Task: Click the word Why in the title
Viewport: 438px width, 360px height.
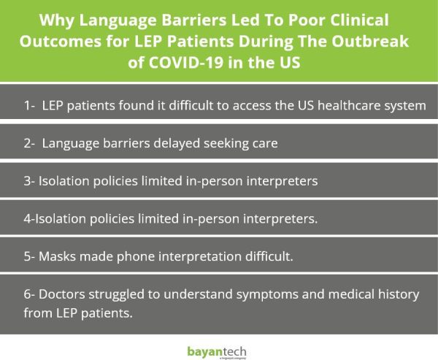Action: coord(57,20)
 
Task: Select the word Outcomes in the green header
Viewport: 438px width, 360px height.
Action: coord(61,42)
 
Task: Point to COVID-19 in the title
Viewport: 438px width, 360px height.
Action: coord(185,62)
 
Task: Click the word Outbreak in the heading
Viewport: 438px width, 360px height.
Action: coord(370,41)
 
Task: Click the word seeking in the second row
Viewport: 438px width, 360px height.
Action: coord(226,144)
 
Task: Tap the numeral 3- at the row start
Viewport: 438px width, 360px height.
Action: coord(29,181)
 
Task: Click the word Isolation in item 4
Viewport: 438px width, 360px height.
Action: coord(61,218)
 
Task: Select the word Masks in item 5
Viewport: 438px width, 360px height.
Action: coord(57,256)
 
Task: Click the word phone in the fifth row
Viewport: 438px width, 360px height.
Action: coord(136,257)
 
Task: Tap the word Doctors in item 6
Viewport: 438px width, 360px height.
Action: coord(62,294)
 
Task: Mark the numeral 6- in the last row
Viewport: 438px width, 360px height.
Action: coord(29,294)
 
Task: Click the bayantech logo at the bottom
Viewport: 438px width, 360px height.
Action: coord(217,353)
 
